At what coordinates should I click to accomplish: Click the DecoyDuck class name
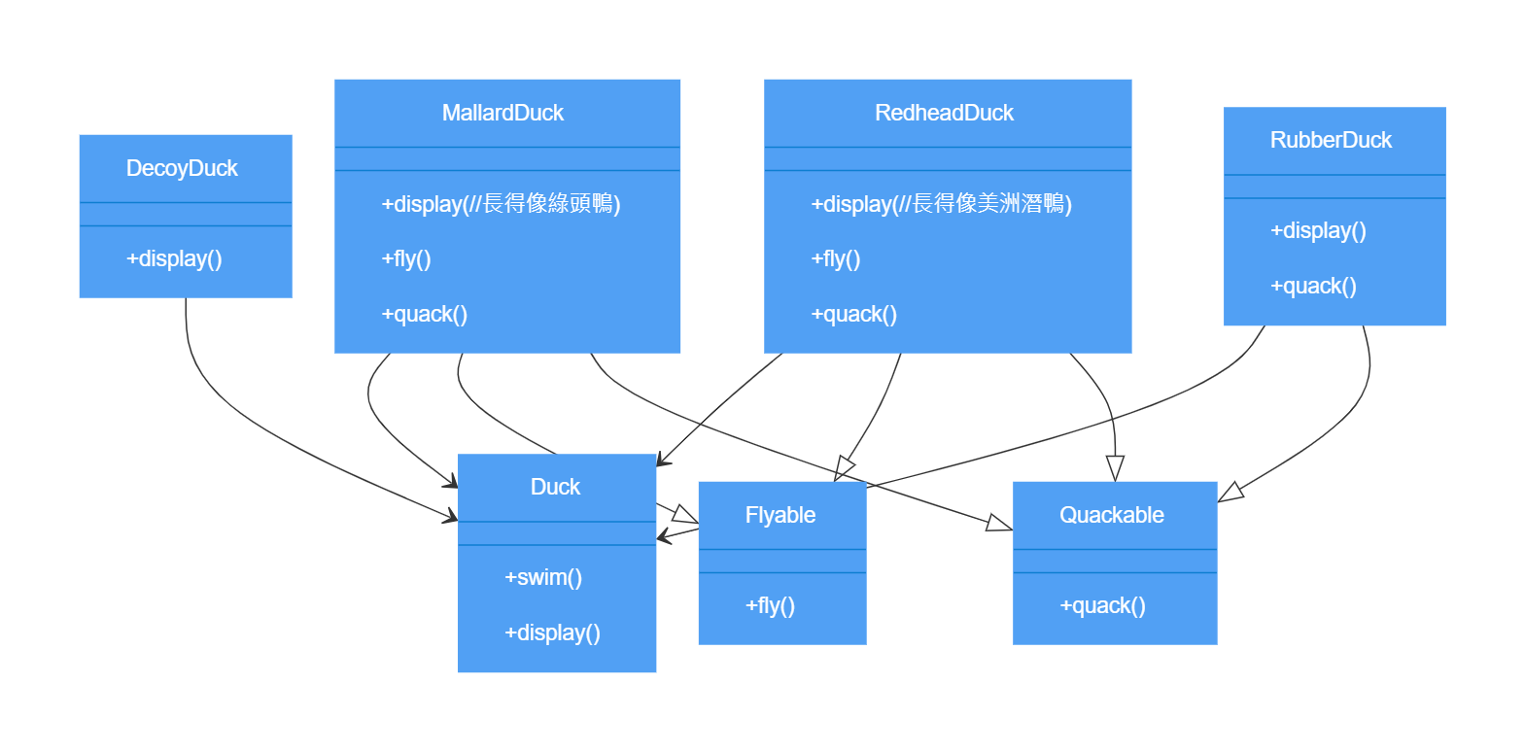(x=182, y=168)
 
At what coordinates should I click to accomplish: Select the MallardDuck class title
(x=503, y=113)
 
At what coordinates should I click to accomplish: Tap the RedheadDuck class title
(x=944, y=113)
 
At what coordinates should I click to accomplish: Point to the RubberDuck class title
(x=1331, y=140)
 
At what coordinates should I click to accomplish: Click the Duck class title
(x=555, y=487)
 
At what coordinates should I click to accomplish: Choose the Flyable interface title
(x=780, y=515)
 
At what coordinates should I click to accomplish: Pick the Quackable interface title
(x=1111, y=515)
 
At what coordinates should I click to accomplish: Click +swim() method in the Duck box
(x=543, y=577)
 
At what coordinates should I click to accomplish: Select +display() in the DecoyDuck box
(x=174, y=258)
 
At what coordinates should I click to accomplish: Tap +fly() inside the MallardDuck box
(x=406, y=258)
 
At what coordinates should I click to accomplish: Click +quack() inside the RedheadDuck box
(x=853, y=314)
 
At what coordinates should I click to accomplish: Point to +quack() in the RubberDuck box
(x=1313, y=286)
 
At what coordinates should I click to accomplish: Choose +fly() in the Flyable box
(x=770, y=605)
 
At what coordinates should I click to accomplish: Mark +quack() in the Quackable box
(x=1102, y=605)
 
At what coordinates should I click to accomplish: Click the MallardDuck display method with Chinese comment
(x=501, y=204)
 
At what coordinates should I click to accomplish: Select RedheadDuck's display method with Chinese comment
(x=941, y=204)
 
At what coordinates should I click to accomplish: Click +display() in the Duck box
(x=552, y=632)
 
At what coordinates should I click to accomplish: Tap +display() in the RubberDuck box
(x=1318, y=230)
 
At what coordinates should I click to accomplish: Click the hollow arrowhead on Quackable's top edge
(x=1115, y=468)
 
